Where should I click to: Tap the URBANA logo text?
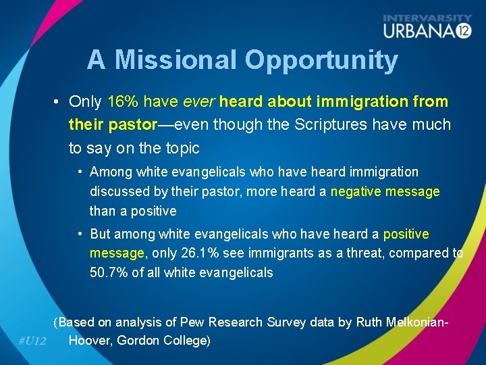[x=418, y=30]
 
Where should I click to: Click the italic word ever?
[x=198, y=102]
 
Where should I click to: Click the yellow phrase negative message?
[x=385, y=192]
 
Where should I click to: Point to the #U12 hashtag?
[x=32, y=341]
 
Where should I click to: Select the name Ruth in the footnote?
[x=369, y=322]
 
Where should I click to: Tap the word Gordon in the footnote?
[x=140, y=341]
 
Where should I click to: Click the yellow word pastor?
[x=131, y=124]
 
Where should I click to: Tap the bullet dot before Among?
[x=80, y=172]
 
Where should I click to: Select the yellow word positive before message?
[x=406, y=234]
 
